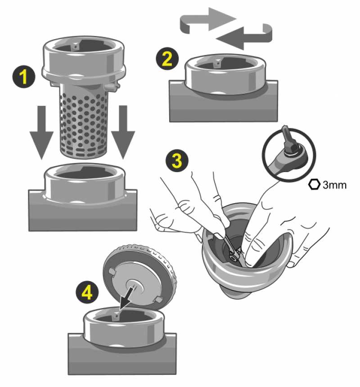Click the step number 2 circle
166,59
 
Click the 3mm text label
334,185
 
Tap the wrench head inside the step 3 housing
233,252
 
